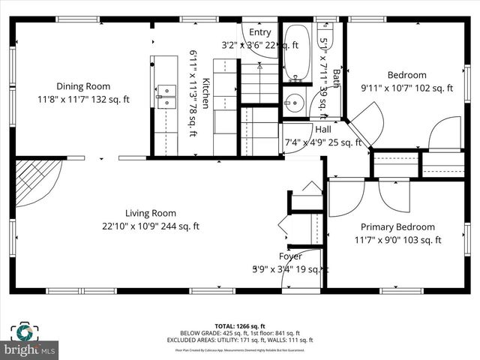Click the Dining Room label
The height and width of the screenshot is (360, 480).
[x=83, y=86]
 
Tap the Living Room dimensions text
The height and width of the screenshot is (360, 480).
[x=151, y=226]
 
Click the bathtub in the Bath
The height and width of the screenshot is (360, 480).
[x=298, y=52]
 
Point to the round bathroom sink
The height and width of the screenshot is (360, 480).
[x=293, y=104]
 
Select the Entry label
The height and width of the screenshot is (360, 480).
[x=260, y=32]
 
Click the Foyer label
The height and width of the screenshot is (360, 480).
[x=290, y=256]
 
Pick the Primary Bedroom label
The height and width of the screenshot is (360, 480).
[x=397, y=227]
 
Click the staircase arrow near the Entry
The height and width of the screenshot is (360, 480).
[x=259, y=67]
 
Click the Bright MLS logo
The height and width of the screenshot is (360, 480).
[x=30, y=349]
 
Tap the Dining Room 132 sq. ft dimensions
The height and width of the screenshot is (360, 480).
[x=83, y=98]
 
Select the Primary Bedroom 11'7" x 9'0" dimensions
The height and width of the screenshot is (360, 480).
[x=397, y=240]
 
